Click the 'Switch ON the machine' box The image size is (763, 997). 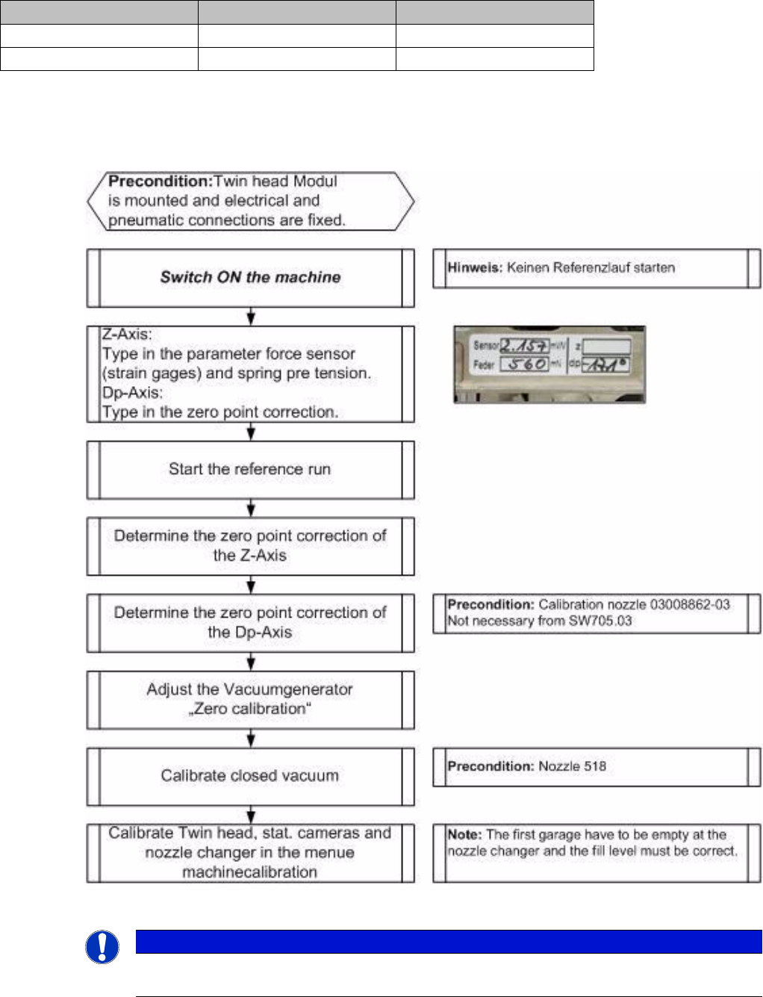click(250, 278)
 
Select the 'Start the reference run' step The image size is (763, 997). click(250, 470)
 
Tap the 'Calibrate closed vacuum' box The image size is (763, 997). click(250, 776)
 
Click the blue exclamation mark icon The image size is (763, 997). click(102, 948)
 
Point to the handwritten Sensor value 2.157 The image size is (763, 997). click(524, 346)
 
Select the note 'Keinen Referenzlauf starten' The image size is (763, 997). click(591, 268)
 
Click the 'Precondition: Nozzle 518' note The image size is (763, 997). click(526, 766)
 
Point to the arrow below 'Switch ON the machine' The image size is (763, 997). click(251, 316)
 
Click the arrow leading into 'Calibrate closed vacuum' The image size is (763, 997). click(251, 739)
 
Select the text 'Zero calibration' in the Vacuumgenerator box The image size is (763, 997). click(249, 709)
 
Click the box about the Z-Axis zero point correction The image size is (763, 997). click(250, 546)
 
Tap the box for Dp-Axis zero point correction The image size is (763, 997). click(250, 623)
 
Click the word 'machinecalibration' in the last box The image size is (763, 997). click(249, 872)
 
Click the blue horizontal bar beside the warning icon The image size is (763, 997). click(448, 942)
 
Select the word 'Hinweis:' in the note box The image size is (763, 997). click(475, 268)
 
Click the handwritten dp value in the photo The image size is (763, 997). click(605, 365)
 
